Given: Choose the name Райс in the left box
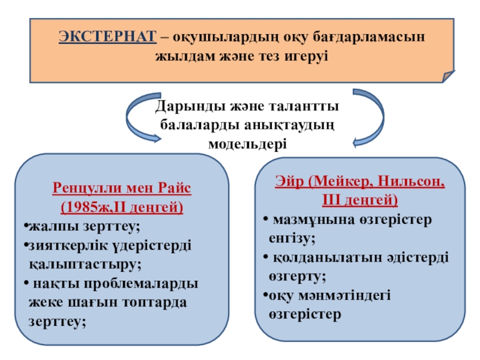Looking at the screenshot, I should [174, 188].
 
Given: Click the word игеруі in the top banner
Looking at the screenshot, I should [307, 56].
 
